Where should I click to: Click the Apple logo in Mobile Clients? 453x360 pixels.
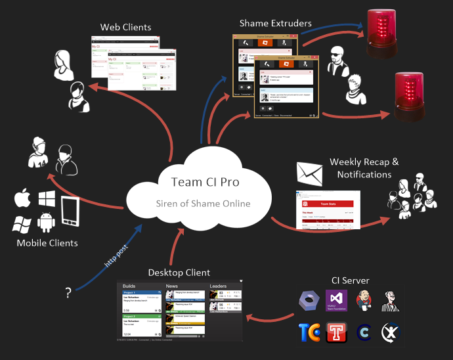pyautogui.click(x=23, y=198)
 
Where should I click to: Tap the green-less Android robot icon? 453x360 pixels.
pyautogui.click(x=46, y=222)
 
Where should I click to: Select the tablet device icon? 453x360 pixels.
pyautogui.click(x=71, y=212)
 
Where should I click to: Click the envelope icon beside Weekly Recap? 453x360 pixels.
pyautogui.click(x=311, y=172)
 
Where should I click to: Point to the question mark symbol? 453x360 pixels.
pyautogui.click(x=68, y=294)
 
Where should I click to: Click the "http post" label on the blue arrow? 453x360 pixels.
pyautogui.click(x=117, y=256)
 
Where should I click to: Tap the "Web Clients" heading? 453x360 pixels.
pyautogui.click(x=125, y=28)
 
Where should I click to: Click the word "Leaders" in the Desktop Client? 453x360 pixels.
pyautogui.click(x=218, y=286)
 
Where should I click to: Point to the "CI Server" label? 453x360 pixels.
pyautogui.click(x=351, y=281)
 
